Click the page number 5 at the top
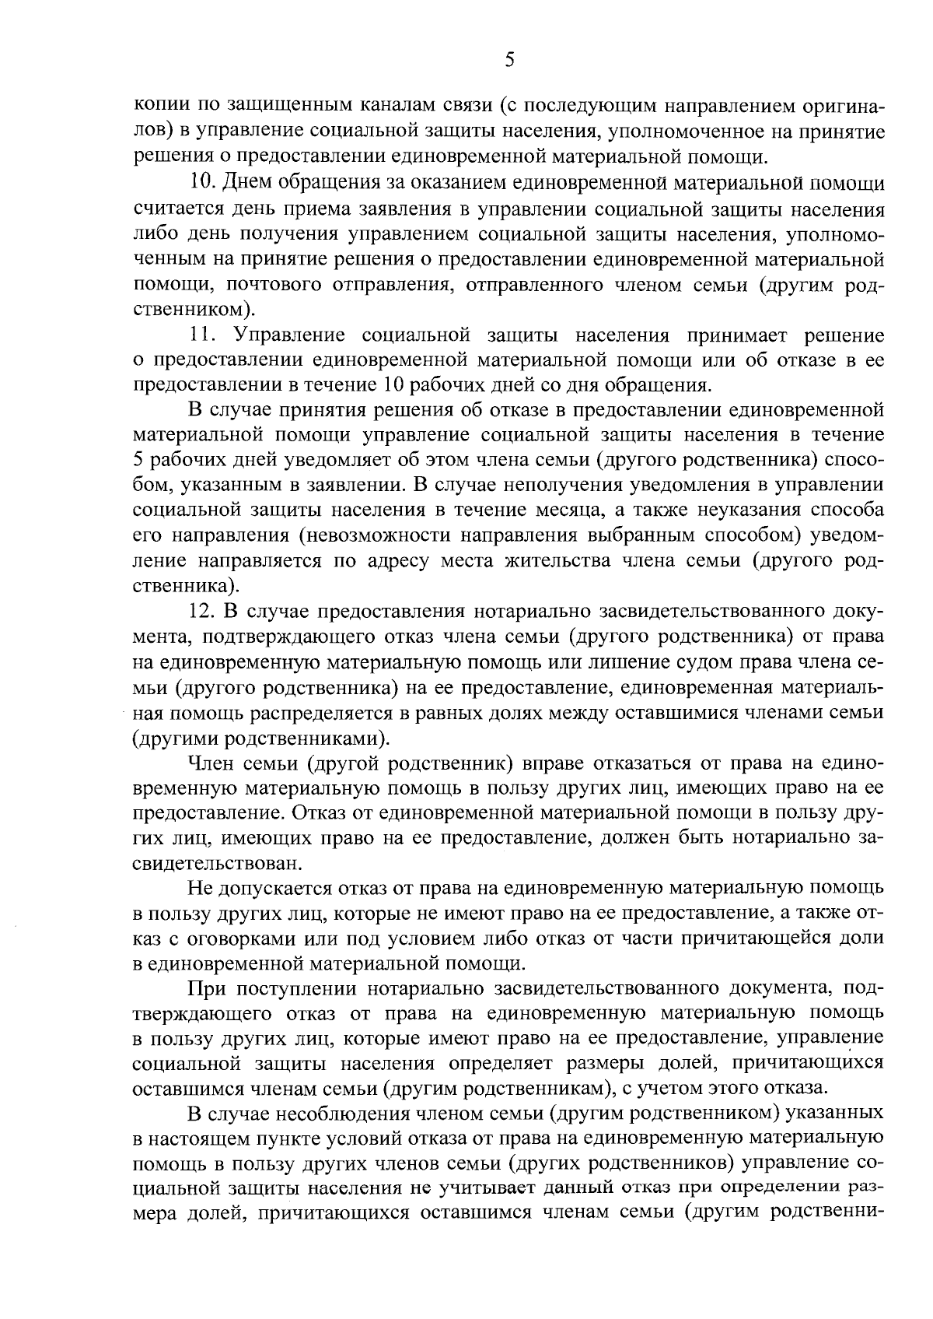(509, 59)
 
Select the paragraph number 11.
(202, 335)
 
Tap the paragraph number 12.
(203, 611)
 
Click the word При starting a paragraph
(206, 989)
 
